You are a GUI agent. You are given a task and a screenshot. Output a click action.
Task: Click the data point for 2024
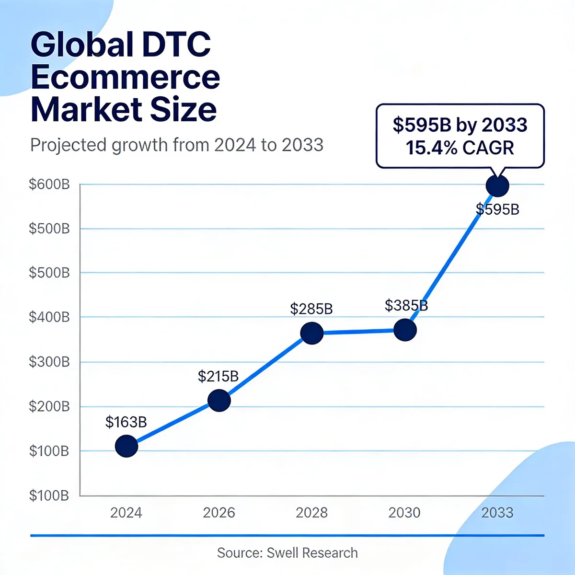tap(126, 446)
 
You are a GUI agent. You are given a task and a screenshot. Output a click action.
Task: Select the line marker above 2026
tap(219, 401)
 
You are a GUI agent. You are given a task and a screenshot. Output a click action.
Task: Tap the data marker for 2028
tap(311, 333)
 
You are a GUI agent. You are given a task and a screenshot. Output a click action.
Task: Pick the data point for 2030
tap(405, 330)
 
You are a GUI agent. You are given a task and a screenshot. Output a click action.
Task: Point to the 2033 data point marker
tap(497, 185)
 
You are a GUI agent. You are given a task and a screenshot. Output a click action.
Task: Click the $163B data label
tap(126, 422)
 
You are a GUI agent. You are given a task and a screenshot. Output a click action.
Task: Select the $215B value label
tap(218, 377)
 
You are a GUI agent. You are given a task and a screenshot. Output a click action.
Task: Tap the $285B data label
tap(311, 309)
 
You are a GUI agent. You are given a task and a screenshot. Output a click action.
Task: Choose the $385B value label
tap(406, 305)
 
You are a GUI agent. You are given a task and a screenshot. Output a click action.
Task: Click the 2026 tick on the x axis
tap(219, 513)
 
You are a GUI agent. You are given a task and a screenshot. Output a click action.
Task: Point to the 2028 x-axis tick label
tap(311, 513)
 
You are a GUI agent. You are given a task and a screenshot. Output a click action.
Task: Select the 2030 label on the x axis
tap(404, 513)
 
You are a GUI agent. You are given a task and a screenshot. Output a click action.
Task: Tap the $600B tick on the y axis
tap(49, 184)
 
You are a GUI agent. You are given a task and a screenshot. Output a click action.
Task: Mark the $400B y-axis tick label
tap(49, 317)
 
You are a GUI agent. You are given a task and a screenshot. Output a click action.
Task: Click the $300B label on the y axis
tap(49, 362)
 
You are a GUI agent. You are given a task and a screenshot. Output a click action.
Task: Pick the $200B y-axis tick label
tap(49, 406)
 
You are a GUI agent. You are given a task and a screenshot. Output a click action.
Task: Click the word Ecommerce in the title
tap(126, 77)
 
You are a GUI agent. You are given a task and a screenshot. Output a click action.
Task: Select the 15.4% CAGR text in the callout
tap(460, 148)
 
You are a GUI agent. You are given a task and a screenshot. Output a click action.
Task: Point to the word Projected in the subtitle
tap(69, 145)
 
